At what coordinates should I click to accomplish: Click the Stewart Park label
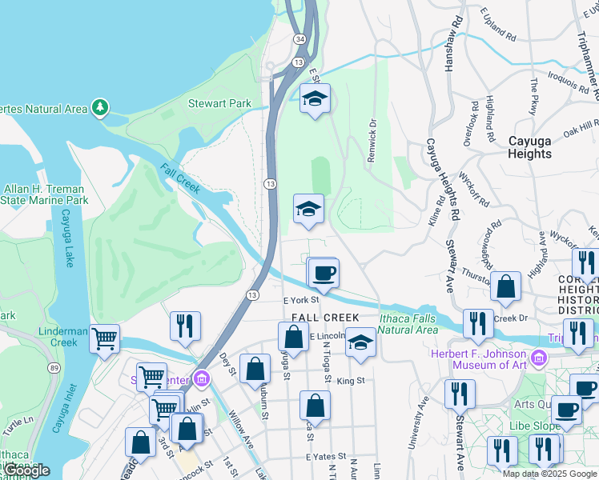(x=219, y=103)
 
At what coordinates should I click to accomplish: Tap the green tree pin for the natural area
(x=100, y=107)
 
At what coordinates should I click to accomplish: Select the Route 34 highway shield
(x=299, y=38)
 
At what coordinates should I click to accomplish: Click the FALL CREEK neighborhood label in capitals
(x=320, y=318)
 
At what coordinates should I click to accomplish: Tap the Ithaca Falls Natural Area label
(x=408, y=323)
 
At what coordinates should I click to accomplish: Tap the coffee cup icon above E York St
(x=324, y=274)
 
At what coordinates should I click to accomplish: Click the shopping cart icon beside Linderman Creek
(x=105, y=339)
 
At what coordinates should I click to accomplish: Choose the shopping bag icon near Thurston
(x=506, y=286)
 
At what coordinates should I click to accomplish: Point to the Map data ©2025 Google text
(x=549, y=474)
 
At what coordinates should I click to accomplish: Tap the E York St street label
(x=301, y=300)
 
